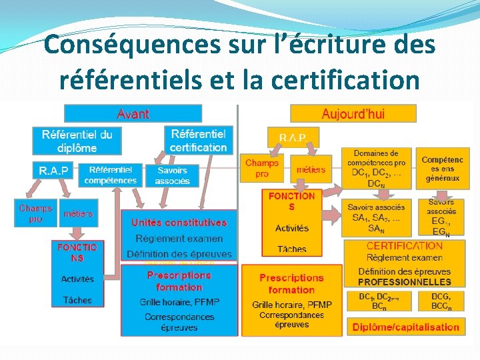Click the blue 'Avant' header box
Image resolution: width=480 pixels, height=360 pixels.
(x=133, y=114)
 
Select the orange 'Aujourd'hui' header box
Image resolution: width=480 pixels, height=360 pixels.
(x=353, y=113)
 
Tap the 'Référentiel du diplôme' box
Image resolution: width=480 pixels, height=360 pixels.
(x=77, y=141)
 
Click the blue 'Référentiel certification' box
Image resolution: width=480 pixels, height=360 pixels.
(x=198, y=141)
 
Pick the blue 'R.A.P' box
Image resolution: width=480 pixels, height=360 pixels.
(x=53, y=171)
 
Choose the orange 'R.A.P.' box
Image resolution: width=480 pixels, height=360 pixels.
(x=294, y=138)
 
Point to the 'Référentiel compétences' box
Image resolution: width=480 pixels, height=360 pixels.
(x=111, y=175)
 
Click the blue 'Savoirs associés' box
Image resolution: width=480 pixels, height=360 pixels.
(x=172, y=175)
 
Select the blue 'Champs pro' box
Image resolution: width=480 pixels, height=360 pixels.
(x=35, y=213)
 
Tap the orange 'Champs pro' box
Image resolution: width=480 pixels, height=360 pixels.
(x=262, y=168)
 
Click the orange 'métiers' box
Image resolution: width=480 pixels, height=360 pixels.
(x=310, y=169)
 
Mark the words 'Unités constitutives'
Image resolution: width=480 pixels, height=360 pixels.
(x=179, y=223)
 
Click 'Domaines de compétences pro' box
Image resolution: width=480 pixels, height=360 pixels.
(x=376, y=168)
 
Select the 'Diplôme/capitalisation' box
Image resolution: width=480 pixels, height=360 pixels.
(x=405, y=327)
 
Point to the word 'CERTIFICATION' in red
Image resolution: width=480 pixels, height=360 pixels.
(x=405, y=246)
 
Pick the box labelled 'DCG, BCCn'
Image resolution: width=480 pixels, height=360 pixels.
(x=441, y=301)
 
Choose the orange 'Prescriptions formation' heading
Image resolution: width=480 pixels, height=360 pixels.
(x=291, y=283)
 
